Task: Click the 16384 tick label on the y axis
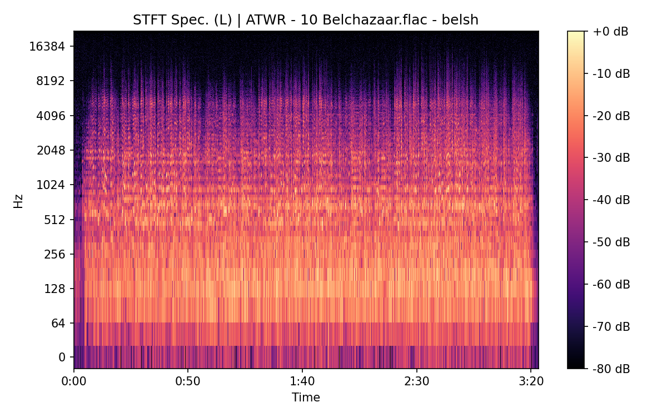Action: click(x=47, y=47)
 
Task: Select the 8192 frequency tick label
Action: click(x=50, y=81)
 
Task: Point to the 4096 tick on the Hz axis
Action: click(x=50, y=116)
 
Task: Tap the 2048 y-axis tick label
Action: click(x=50, y=151)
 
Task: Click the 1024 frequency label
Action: click(x=50, y=185)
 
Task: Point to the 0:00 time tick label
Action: click(x=74, y=382)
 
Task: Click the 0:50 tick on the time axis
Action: click(x=188, y=382)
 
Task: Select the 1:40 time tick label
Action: click(x=302, y=382)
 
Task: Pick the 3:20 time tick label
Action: click(x=531, y=382)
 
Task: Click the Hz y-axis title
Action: click(x=18, y=200)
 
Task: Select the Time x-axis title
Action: click(x=306, y=398)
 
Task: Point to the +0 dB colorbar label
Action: click(x=610, y=32)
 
